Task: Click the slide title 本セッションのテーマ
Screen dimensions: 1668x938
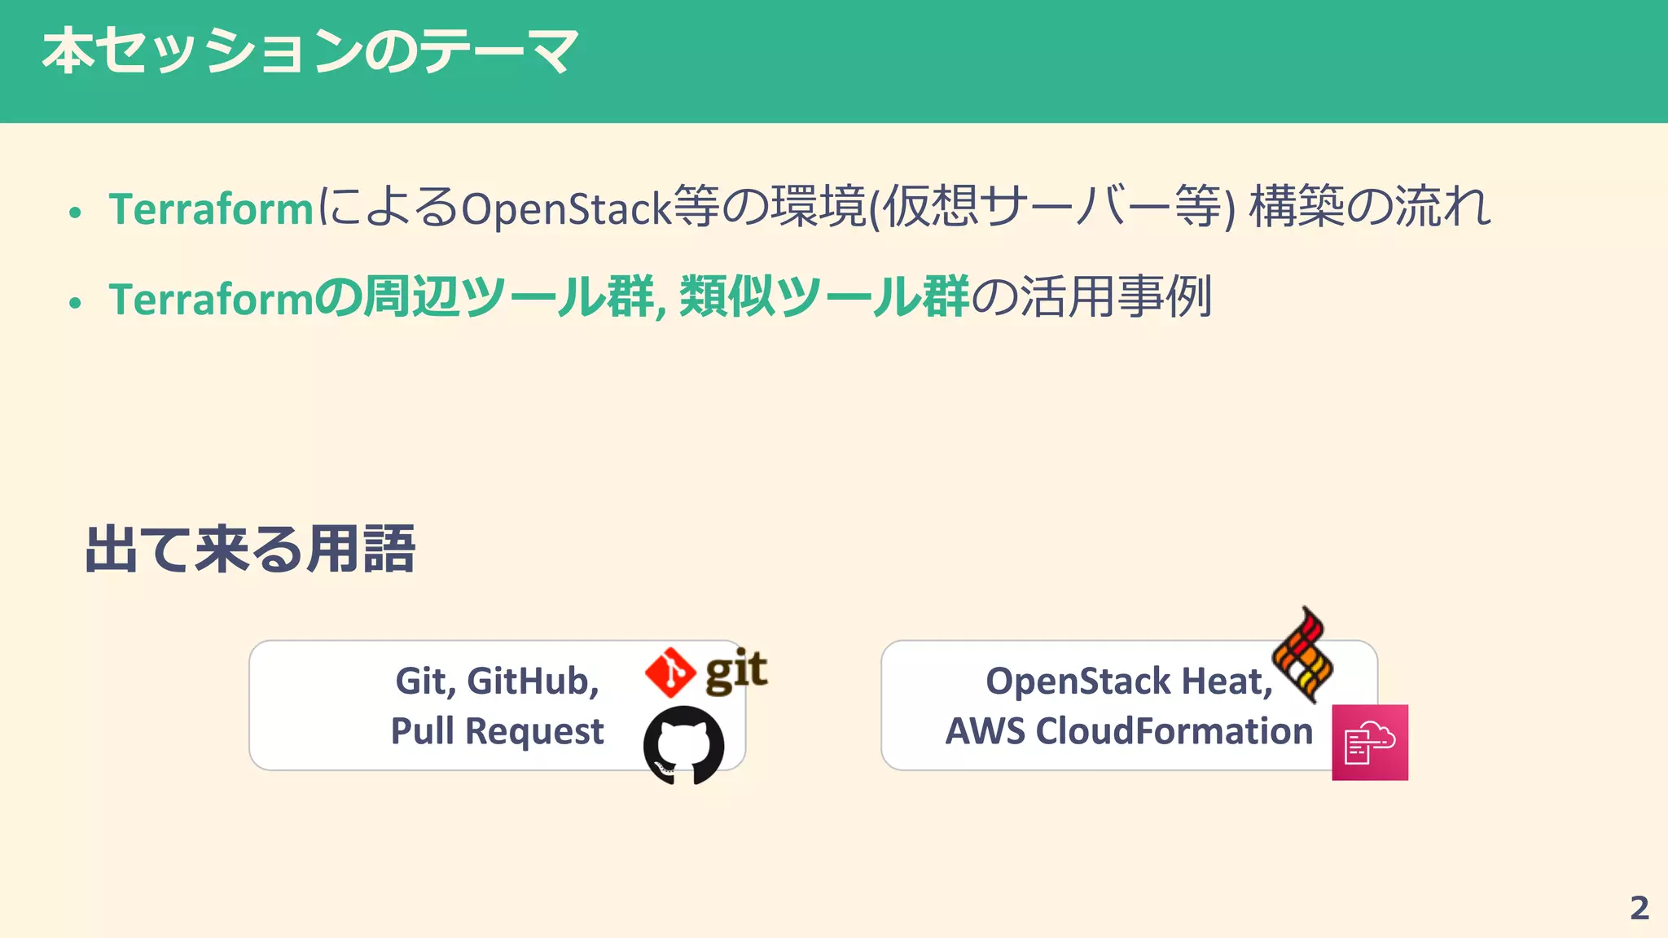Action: click(309, 51)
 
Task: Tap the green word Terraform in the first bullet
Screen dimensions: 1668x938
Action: click(211, 208)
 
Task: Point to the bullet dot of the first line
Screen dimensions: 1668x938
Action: click(76, 213)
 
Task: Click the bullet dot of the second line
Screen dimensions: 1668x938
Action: click(76, 303)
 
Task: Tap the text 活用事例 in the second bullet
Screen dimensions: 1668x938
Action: click(1116, 296)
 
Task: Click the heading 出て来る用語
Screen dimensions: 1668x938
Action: click(250, 550)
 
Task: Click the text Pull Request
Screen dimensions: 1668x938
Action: click(497, 730)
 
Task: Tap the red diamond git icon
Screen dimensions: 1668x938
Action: click(669, 673)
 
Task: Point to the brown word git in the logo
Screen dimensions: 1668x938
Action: click(736, 671)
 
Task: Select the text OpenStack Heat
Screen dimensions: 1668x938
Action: click(1128, 681)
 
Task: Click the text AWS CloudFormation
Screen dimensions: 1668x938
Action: click(1129, 730)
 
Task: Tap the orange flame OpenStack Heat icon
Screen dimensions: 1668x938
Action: click(1303, 655)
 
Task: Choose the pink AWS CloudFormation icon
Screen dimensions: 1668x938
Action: click(1370, 743)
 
